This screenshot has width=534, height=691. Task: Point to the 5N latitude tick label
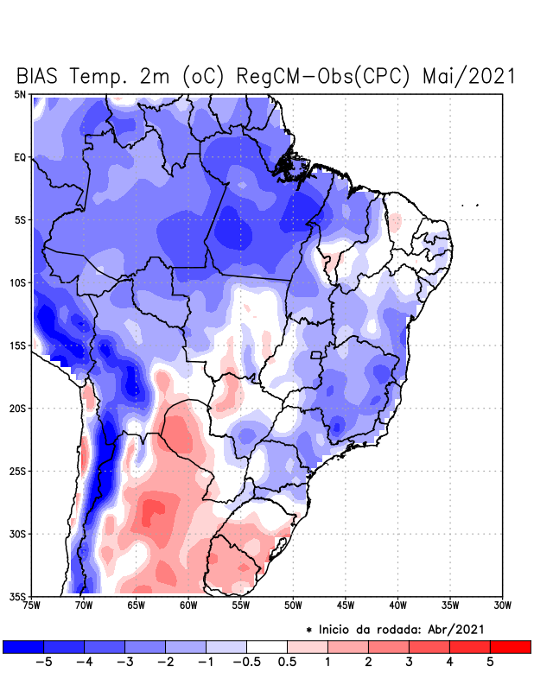point(20,94)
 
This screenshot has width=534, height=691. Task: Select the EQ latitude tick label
point(20,157)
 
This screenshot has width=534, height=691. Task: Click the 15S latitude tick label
point(18,345)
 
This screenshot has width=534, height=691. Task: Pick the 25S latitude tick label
point(18,471)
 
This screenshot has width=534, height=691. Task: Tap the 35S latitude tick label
point(18,596)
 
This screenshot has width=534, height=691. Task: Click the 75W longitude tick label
point(33,605)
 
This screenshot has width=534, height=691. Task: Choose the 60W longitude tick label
point(188,605)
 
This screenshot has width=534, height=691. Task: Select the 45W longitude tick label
point(345,605)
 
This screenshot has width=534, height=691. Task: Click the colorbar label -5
point(42,663)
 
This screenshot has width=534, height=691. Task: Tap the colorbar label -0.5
point(246,663)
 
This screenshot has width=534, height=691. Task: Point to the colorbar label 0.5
point(288,663)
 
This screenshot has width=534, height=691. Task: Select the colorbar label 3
point(409,663)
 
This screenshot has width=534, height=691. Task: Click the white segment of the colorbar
point(267,646)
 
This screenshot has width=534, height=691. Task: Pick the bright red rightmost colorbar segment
point(510,646)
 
